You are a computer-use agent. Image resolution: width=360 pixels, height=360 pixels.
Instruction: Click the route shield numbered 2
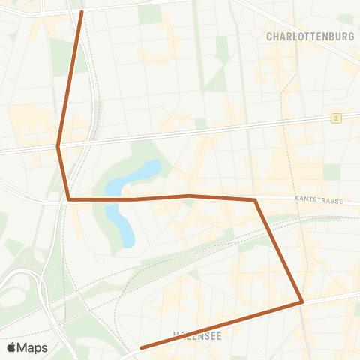(x=337, y=118)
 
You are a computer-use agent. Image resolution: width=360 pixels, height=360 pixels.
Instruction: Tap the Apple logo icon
(x=11, y=347)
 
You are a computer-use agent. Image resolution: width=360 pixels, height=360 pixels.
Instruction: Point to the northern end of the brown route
(x=81, y=12)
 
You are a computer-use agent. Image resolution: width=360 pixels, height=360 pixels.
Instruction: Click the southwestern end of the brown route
(x=141, y=347)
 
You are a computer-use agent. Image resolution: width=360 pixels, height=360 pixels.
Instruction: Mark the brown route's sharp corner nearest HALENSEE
(x=301, y=301)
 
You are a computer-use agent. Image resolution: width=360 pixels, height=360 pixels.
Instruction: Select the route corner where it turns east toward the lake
(x=69, y=199)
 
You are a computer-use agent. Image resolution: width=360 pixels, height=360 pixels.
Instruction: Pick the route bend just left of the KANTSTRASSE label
(x=255, y=199)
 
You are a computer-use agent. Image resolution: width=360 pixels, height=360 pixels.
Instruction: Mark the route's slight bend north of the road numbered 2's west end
(x=58, y=146)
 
